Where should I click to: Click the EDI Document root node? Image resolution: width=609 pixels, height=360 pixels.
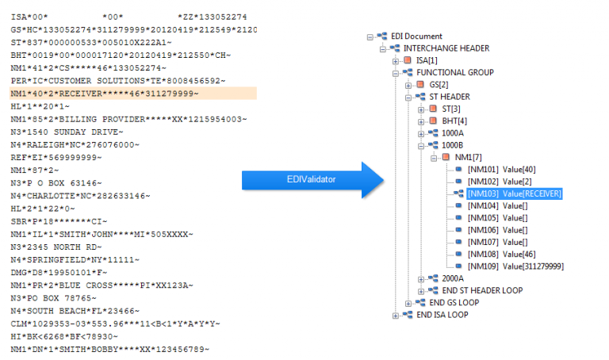(416, 36)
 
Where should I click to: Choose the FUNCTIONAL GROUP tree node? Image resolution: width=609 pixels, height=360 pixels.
(454, 72)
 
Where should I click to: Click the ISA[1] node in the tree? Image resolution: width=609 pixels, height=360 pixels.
(427, 60)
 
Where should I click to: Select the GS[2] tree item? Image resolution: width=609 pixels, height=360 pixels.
(439, 84)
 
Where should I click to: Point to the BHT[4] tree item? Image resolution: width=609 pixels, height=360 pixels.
(455, 121)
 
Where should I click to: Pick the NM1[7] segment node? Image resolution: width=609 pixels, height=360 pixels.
(467, 157)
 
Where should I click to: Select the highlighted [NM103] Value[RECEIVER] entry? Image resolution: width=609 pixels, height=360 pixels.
(515, 193)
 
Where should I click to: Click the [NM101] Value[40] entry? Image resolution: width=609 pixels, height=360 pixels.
(501, 169)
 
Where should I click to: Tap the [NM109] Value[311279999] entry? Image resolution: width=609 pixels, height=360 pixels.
(516, 266)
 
